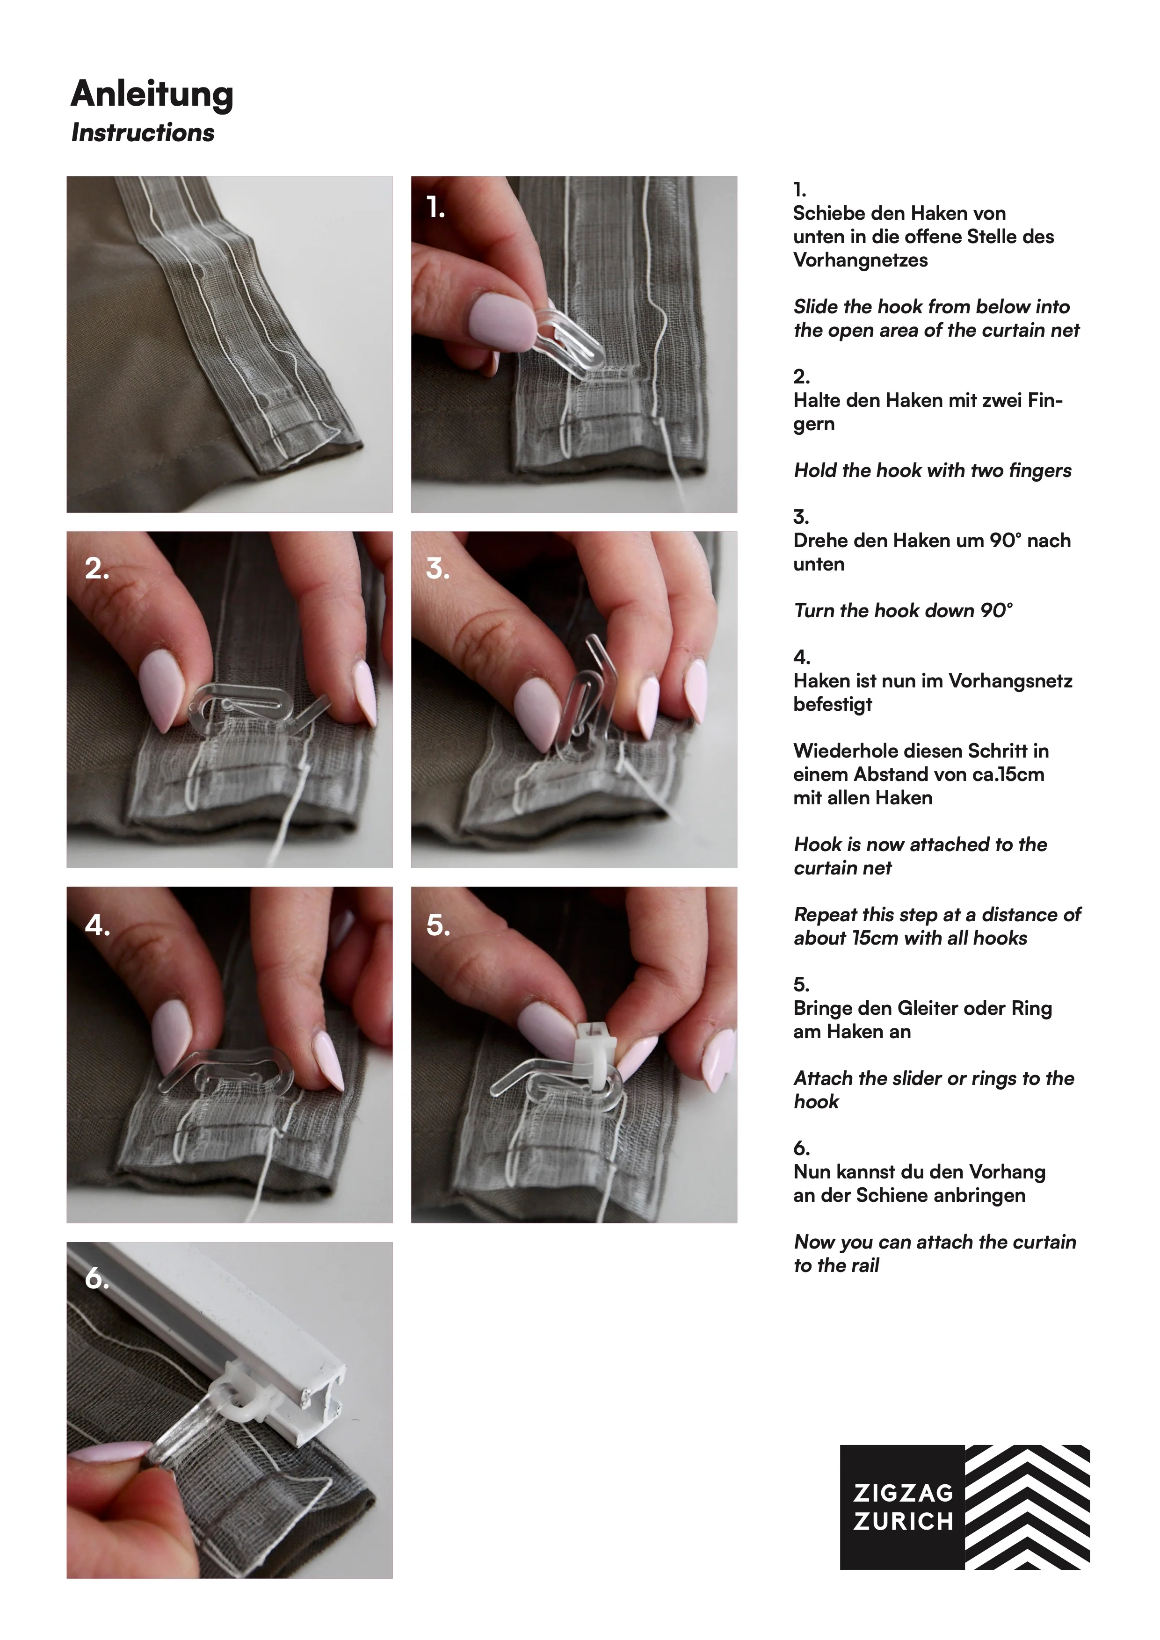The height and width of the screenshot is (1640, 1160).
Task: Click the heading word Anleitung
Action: tap(152, 94)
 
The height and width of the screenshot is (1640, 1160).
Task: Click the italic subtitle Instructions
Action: tap(142, 133)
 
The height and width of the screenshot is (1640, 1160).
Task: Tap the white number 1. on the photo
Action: tap(435, 207)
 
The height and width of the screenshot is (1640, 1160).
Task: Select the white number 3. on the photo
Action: tap(437, 569)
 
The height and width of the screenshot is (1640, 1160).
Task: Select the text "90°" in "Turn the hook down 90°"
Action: tap(996, 611)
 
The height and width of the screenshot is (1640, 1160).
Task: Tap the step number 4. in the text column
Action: tap(801, 657)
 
